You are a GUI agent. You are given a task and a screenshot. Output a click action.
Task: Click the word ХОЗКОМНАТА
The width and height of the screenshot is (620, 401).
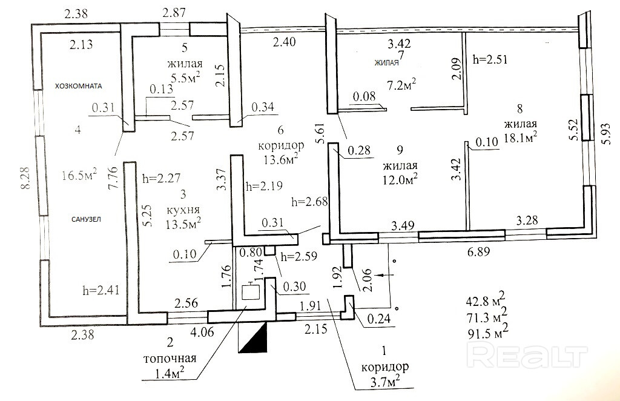coord(79,85)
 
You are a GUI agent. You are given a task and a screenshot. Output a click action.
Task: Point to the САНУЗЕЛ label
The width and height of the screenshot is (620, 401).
coord(80,220)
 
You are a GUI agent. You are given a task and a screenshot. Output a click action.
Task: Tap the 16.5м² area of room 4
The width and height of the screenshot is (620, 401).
coord(81,176)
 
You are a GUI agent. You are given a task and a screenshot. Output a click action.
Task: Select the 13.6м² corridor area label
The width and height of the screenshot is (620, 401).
coord(282,160)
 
